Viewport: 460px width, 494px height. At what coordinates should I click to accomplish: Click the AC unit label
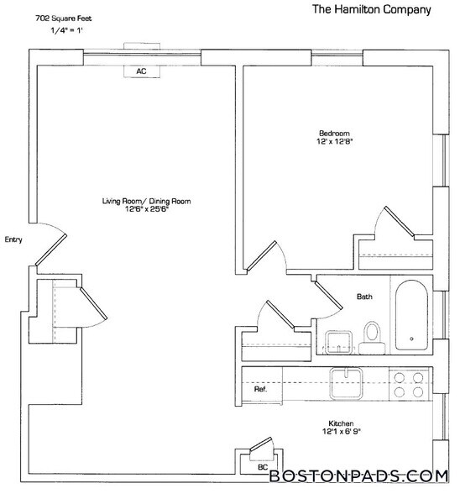coord(141,72)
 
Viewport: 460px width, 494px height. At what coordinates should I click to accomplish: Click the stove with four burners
coord(408,384)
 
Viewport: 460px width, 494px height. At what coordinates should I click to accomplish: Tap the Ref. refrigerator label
coord(260,391)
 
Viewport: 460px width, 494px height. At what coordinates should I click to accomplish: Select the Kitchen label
coord(340,423)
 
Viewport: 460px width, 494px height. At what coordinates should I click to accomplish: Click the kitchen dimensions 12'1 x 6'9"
coord(340,434)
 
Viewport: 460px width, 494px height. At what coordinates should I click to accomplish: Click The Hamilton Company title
coord(371,10)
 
